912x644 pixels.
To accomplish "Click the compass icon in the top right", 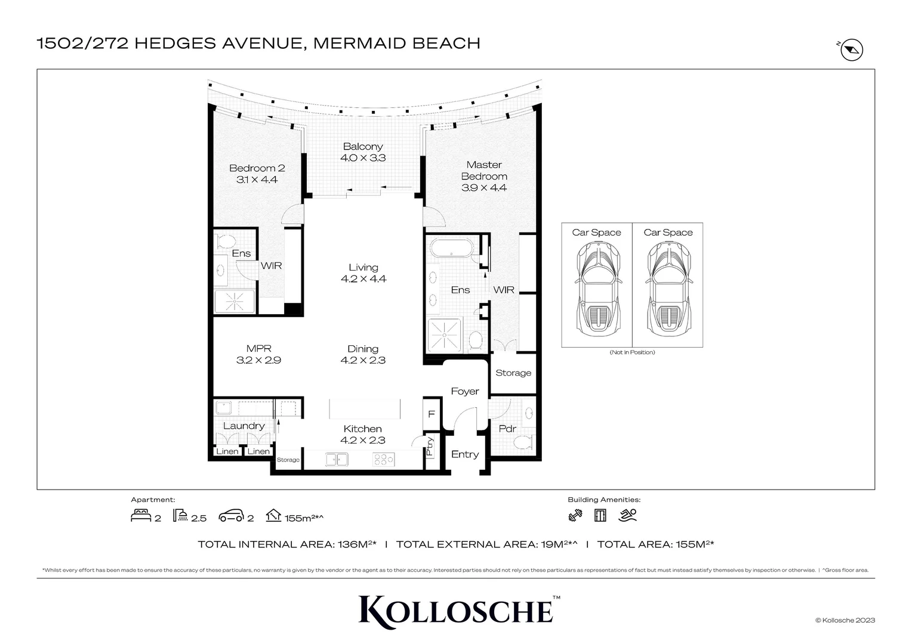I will [852, 50].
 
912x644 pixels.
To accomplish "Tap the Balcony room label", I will [363, 147].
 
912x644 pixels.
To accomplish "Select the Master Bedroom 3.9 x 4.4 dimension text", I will [484, 188].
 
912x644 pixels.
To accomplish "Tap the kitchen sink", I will [337, 459].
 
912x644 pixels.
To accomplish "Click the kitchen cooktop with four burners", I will [383, 459].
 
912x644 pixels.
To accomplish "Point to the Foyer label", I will [465, 391].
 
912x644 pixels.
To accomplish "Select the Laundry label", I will [244, 426].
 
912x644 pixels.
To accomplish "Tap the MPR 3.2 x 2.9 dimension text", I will [258, 360].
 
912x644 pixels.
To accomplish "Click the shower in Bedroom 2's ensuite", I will [235, 301].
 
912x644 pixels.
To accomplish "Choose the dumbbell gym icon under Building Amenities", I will [575, 515].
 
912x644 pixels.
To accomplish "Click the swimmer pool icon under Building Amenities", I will [628, 515].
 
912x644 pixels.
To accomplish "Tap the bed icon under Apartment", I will [141, 516].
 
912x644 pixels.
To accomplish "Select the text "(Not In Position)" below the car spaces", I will [632, 352].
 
